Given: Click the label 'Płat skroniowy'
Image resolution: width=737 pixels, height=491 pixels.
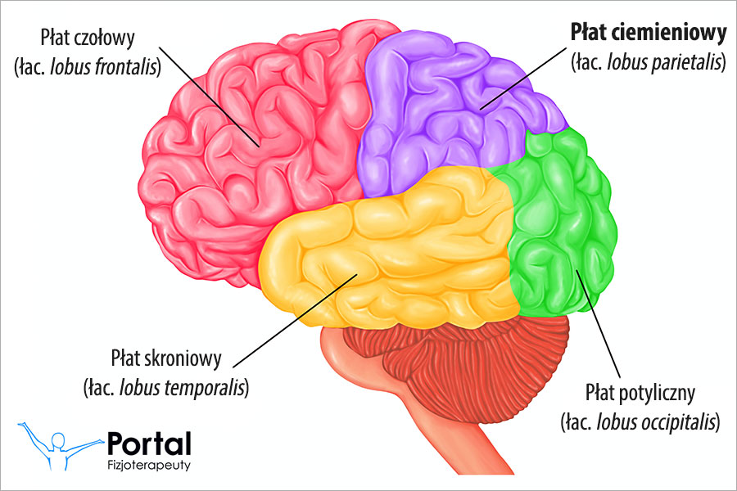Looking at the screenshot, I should [x=164, y=358].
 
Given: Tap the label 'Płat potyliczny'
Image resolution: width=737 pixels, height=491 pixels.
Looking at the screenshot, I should [x=640, y=394].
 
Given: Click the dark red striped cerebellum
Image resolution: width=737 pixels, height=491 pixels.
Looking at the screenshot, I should [x=459, y=352].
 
